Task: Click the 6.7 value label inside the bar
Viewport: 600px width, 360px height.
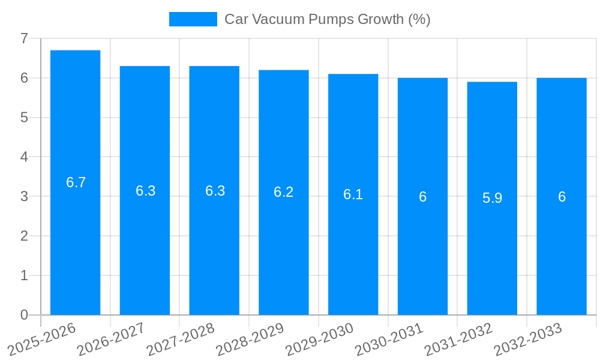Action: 76,182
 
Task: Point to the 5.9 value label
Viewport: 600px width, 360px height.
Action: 492,198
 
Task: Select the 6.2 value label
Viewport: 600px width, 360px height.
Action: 284,192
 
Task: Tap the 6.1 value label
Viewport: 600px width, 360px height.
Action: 353,194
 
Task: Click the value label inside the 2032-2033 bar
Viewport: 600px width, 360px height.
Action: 562,197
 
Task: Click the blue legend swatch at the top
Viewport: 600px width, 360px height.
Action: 193,19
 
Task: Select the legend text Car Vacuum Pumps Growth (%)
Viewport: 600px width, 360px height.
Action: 328,19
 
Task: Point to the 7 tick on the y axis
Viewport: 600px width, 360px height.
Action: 24,38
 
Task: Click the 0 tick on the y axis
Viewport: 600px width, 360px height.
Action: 24,315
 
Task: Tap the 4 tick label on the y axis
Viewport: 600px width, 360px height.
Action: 24,157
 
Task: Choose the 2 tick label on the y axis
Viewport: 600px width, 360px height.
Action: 24,236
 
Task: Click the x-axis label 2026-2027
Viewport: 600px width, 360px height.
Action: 112,339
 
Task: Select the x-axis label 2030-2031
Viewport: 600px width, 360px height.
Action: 389,339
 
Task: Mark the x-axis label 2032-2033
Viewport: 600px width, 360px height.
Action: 528,339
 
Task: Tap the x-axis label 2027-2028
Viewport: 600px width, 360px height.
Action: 181,339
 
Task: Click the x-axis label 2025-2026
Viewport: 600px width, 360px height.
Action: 42,339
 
